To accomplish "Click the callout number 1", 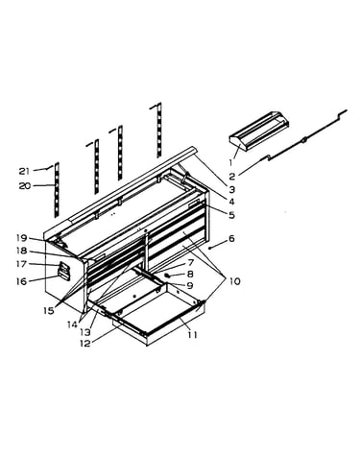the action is click(x=230, y=162).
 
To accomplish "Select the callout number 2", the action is click(x=232, y=176).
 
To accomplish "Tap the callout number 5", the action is click(x=231, y=215).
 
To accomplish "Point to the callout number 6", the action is click(x=231, y=238).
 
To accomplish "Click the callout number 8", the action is click(x=190, y=274).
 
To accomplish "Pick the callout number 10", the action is click(x=234, y=281).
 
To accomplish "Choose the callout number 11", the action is click(x=192, y=335).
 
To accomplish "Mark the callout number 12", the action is click(x=85, y=344).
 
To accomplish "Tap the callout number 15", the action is click(x=49, y=310).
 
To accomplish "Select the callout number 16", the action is click(x=22, y=281).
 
